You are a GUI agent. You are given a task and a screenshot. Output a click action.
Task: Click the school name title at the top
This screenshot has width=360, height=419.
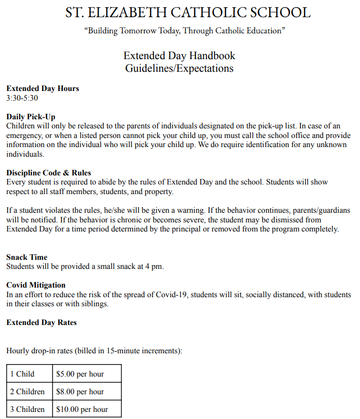188,13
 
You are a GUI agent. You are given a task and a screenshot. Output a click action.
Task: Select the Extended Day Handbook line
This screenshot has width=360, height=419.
179,55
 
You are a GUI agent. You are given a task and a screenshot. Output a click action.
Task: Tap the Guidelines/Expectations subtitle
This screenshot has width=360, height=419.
179,68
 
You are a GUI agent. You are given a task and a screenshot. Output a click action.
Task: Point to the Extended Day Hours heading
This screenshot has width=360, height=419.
42,88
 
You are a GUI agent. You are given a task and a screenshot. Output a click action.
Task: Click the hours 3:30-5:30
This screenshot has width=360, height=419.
22,98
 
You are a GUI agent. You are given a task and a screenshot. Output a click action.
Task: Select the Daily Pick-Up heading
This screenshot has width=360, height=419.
31,117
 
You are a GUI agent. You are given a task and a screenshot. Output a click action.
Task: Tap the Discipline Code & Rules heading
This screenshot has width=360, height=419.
48,173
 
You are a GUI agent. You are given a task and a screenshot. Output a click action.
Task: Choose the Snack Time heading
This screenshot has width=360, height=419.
27,257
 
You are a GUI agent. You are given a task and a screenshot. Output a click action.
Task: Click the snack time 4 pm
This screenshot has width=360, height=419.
155,266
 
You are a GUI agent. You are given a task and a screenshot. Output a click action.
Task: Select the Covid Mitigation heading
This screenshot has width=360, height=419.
36,285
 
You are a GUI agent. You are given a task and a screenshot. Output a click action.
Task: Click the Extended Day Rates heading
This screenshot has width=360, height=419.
41,322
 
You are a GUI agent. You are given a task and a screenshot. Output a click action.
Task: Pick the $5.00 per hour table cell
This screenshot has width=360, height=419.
80,374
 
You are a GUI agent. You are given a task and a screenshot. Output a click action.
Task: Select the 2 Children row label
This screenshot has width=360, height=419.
27,392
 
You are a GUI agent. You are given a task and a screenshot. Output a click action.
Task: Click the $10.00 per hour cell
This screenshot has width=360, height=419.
82,409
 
